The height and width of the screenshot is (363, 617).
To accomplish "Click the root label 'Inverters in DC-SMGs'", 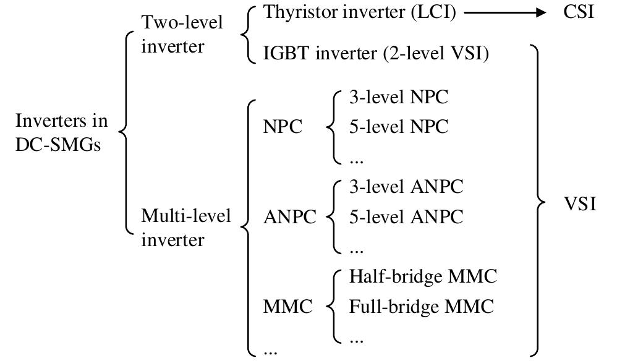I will pyautogui.click(x=61, y=132).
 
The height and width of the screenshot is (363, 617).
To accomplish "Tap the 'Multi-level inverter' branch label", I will pyautogui.click(x=185, y=227).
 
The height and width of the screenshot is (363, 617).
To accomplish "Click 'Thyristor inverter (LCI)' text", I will pyautogui.click(x=360, y=13).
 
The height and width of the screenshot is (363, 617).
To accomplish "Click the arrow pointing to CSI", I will pyautogui.click(x=504, y=13).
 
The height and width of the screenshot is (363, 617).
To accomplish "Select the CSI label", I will pyautogui.click(x=579, y=13).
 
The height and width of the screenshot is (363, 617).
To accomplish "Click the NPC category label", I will pyautogui.click(x=283, y=127).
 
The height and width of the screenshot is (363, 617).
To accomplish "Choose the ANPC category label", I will pyautogui.click(x=289, y=217).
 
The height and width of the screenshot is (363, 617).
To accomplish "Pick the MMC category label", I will pyautogui.click(x=287, y=307).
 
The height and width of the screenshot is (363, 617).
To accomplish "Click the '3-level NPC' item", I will pyautogui.click(x=398, y=97).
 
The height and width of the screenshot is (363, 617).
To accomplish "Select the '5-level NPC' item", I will pyautogui.click(x=398, y=127).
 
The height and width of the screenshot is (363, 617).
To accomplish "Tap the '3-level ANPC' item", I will pyautogui.click(x=406, y=187).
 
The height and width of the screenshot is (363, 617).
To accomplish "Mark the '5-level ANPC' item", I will pyautogui.click(x=406, y=217).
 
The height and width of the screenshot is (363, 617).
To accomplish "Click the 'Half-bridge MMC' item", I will pyautogui.click(x=423, y=276).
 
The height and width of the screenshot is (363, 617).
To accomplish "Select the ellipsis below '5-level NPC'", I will pyautogui.click(x=356, y=160).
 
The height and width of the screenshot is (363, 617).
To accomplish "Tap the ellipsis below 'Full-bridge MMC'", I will pyautogui.click(x=356, y=339).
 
